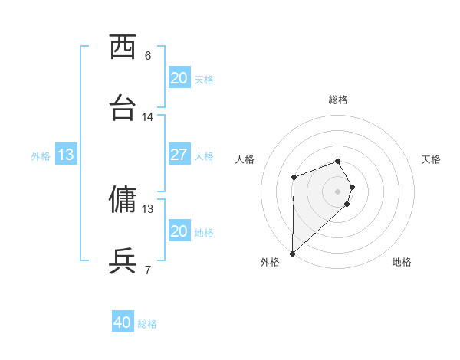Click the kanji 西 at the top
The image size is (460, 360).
(123, 47)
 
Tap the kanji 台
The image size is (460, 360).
(123, 108)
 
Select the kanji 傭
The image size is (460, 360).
(123, 200)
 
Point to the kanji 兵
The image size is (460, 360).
(123, 261)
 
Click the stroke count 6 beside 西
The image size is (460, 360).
(148, 56)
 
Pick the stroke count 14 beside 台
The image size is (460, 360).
(148, 117)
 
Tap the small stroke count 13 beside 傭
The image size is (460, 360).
(148, 208)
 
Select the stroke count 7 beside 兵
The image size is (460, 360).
(148, 270)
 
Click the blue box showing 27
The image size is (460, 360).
(179, 155)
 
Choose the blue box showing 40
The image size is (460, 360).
(123, 323)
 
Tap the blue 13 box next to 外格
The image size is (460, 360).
(66, 155)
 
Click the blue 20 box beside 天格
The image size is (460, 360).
(179, 78)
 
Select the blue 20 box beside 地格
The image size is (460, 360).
(179, 231)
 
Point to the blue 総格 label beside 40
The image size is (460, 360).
(147, 324)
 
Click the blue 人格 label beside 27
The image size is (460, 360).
(204, 156)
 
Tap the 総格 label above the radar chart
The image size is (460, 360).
(338, 100)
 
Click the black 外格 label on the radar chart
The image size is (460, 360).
(270, 262)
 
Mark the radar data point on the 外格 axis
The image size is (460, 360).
(292, 253)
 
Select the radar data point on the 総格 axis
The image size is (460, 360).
(338, 161)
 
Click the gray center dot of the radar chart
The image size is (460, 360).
(338, 191)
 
